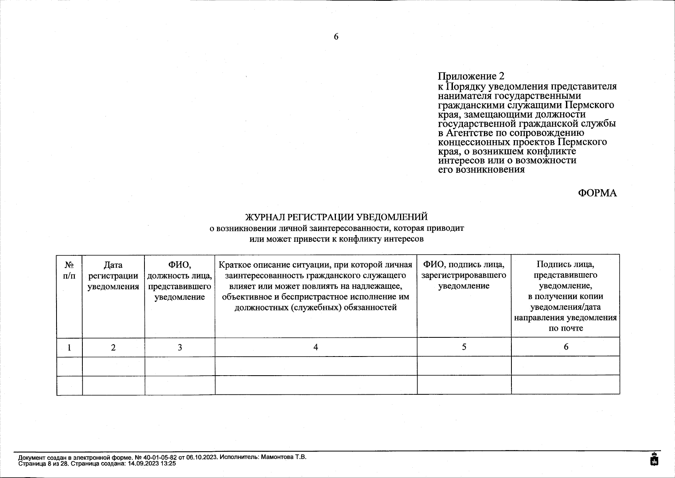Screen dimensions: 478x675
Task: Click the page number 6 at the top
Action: pyautogui.click(x=336, y=37)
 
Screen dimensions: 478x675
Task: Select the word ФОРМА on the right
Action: pyautogui.click(x=597, y=193)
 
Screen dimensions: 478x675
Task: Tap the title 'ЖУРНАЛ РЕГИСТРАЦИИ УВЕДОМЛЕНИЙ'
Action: pyautogui.click(x=336, y=217)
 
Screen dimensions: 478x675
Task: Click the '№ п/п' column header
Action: pyautogui.click(x=69, y=270)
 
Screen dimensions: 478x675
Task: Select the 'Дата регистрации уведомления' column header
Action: pyautogui.click(x=113, y=276)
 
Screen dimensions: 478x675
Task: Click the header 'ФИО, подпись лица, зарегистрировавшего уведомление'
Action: pyautogui.click(x=464, y=275)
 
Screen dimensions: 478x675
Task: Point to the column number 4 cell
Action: pyautogui.click(x=316, y=347)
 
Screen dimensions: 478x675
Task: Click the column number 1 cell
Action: pyautogui.click(x=69, y=347)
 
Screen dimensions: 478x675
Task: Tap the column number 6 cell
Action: pyautogui.click(x=566, y=347)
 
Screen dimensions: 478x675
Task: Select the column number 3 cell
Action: pyautogui.click(x=179, y=347)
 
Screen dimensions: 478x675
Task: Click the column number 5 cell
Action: pyautogui.click(x=464, y=347)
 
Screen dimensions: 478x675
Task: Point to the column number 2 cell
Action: pyautogui.click(x=113, y=347)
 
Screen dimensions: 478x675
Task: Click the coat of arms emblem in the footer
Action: pyautogui.click(x=654, y=459)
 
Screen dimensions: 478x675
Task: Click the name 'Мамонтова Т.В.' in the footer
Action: pyautogui.click(x=283, y=457)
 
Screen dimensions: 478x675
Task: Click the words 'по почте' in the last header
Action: pyautogui.click(x=566, y=328)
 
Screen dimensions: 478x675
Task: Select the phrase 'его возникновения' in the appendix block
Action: pyautogui.click(x=481, y=170)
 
